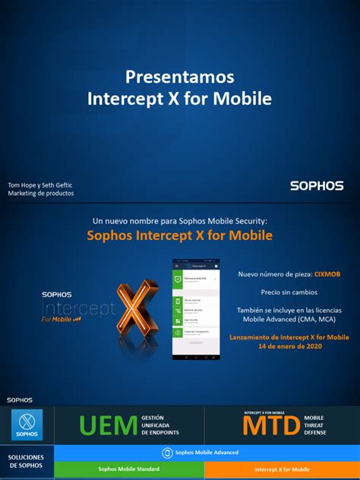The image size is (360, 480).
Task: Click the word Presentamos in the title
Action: [x=179, y=77]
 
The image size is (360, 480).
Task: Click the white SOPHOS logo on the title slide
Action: [x=317, y=185]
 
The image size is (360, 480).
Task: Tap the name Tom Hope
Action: [x=23, y=185]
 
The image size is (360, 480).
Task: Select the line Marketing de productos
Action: [x=41, y=194]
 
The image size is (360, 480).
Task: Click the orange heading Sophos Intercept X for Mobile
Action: [x=179, y=235]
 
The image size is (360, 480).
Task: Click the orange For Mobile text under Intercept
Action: [x=61, y=320]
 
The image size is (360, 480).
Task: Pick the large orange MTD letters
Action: [x=271, y=427]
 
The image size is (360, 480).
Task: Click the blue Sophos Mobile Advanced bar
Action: [x=207, y=452]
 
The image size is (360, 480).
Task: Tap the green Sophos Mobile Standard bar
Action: [x=129, y=469]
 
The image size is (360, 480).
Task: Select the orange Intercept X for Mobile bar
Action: [x=281, y=469]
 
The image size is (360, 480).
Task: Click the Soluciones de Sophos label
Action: [x=27, y=460]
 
